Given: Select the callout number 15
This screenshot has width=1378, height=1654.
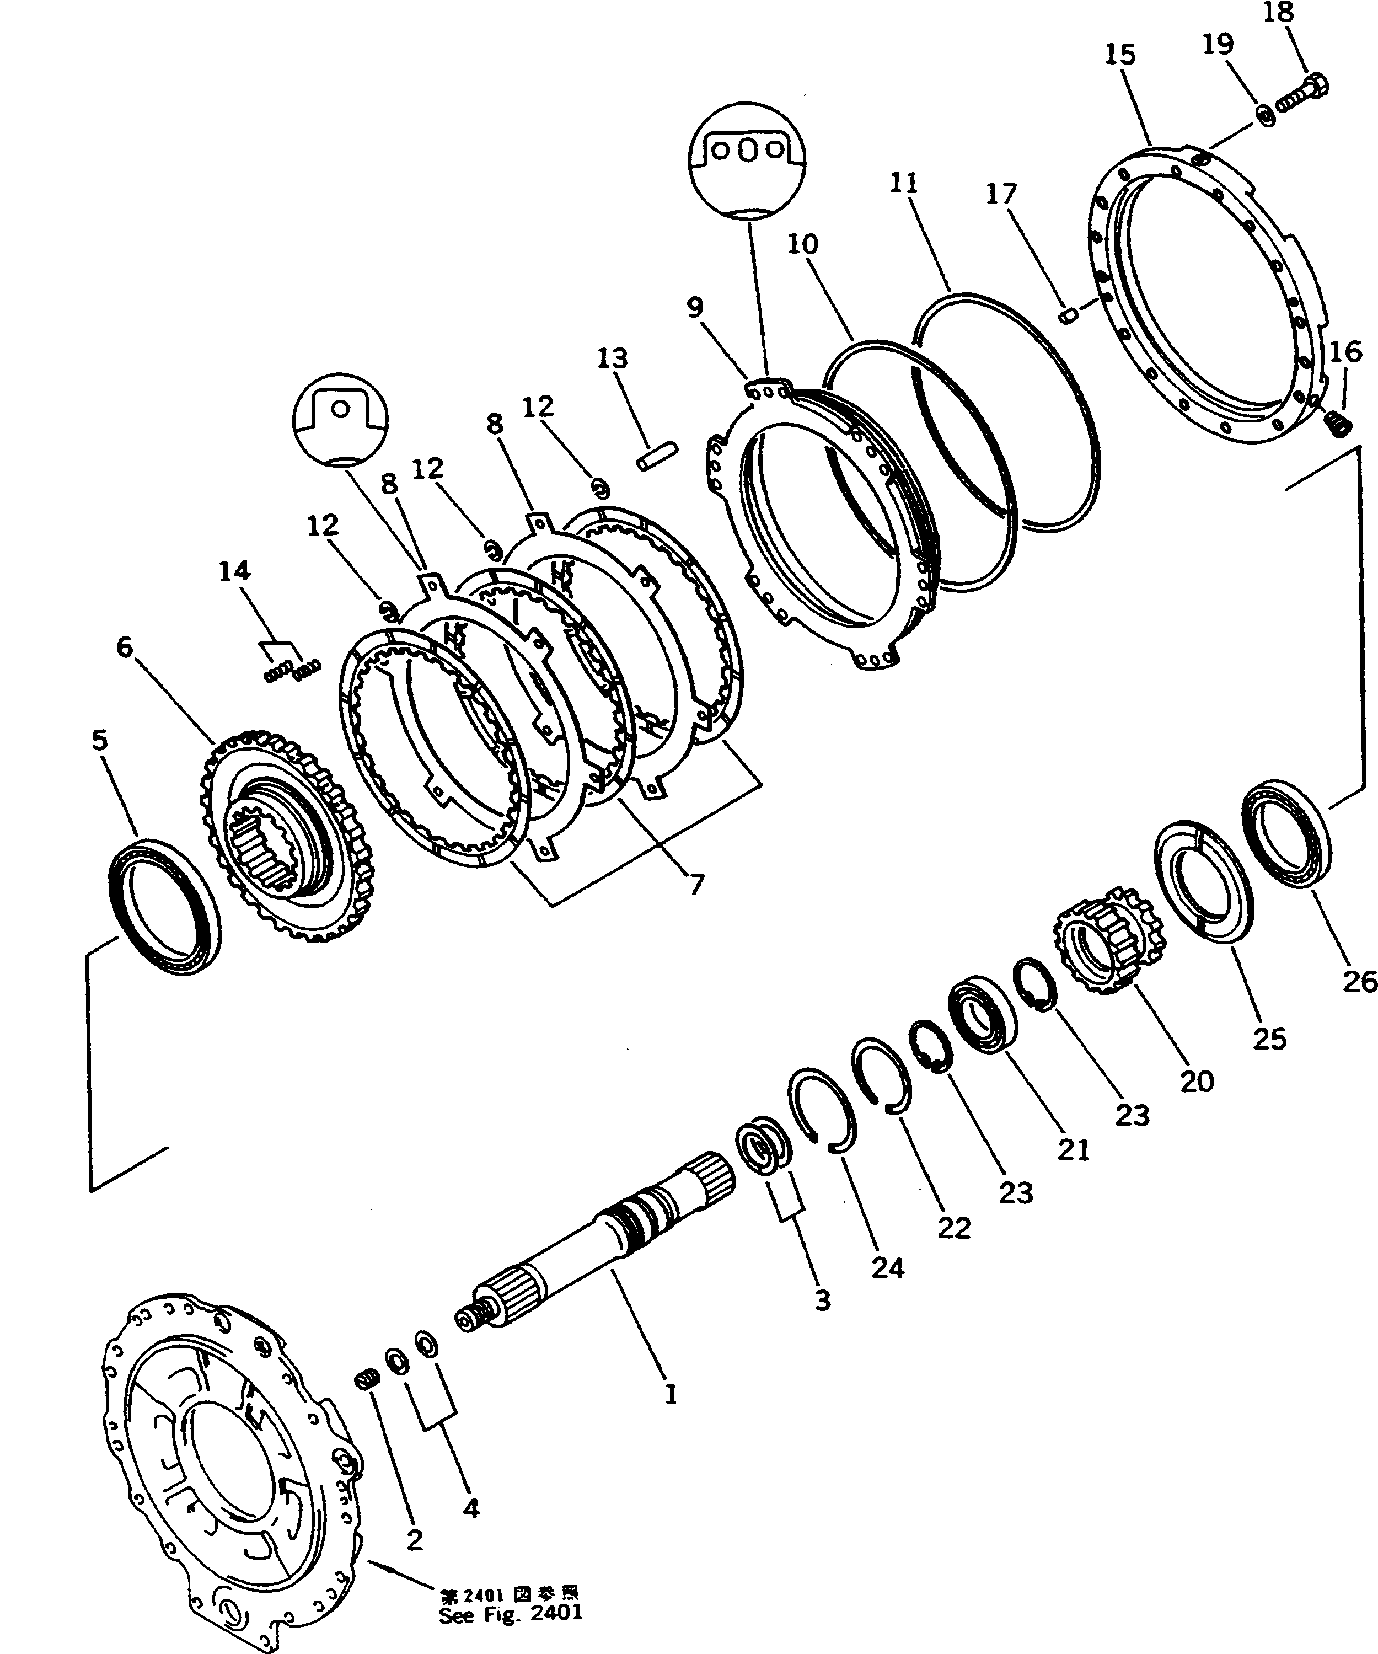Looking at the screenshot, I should click(x=1120, y=55).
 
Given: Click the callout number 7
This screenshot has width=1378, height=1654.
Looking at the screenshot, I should click(x=696, y=885).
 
